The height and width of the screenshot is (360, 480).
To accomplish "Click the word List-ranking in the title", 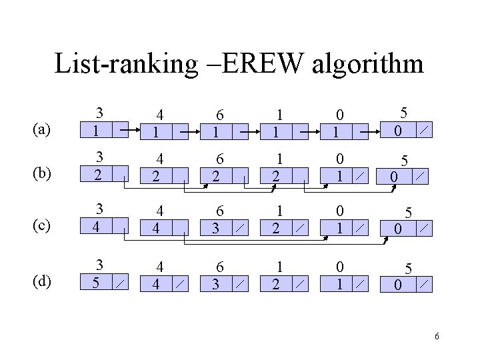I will point(127,63).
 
